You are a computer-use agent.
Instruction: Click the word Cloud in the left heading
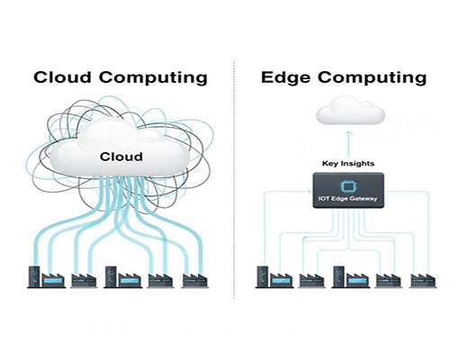[64, 77]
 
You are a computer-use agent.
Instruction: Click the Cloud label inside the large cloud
[121, 157]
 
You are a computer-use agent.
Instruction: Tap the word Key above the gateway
[332, 164]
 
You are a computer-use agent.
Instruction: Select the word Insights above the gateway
[359, 164]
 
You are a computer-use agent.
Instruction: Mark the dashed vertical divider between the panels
[234, 180]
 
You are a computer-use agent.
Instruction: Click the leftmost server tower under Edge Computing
[265, 275]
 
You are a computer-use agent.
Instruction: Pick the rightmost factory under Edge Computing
[422, 280]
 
